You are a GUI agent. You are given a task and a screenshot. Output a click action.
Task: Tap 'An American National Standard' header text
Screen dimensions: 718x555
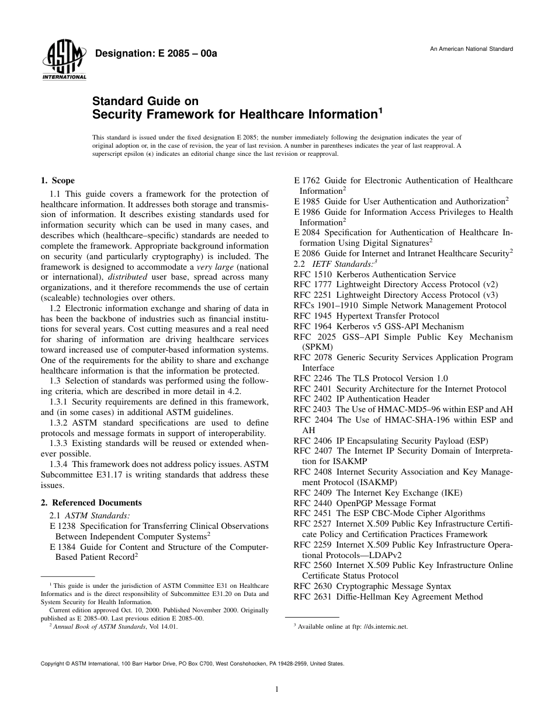point(471,49)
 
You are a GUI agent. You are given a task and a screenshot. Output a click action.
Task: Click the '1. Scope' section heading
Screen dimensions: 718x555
point(57,181)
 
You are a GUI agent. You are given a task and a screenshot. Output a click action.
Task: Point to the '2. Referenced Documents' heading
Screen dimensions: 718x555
point(91,503)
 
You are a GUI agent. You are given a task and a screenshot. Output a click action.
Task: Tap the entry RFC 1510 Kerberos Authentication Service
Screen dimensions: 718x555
point(374,274)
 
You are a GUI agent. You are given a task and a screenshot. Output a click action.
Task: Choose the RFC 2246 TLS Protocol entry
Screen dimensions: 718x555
point(370,378)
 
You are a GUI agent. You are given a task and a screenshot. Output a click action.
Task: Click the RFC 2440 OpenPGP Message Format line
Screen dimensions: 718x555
point(365,503)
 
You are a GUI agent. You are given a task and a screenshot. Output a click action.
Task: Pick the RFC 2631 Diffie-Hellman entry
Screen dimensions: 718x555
point(388,597)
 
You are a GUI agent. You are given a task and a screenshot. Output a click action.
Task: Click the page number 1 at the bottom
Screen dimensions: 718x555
point(277,689)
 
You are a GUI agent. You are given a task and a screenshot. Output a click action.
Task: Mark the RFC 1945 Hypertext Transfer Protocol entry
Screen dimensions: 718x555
point(366,316)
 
